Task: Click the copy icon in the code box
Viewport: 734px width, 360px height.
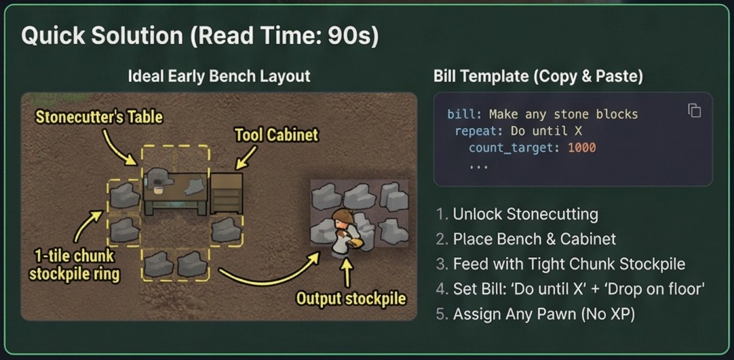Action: click(x=694, y=111)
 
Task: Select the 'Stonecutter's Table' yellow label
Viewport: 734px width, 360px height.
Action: click(x=98, y=117)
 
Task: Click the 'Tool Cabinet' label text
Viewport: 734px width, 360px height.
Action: click(x=276, y=134)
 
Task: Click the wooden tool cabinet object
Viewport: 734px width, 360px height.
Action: click(x=226, y=194)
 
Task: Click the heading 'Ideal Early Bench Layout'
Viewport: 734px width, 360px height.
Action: click(x=218, y=76)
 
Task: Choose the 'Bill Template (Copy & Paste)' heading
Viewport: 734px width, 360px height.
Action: click(x=538, y=76)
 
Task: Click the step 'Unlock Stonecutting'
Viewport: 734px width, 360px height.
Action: click(x=525, y=214)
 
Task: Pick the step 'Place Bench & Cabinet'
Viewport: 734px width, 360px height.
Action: click(x=534, y=239)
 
